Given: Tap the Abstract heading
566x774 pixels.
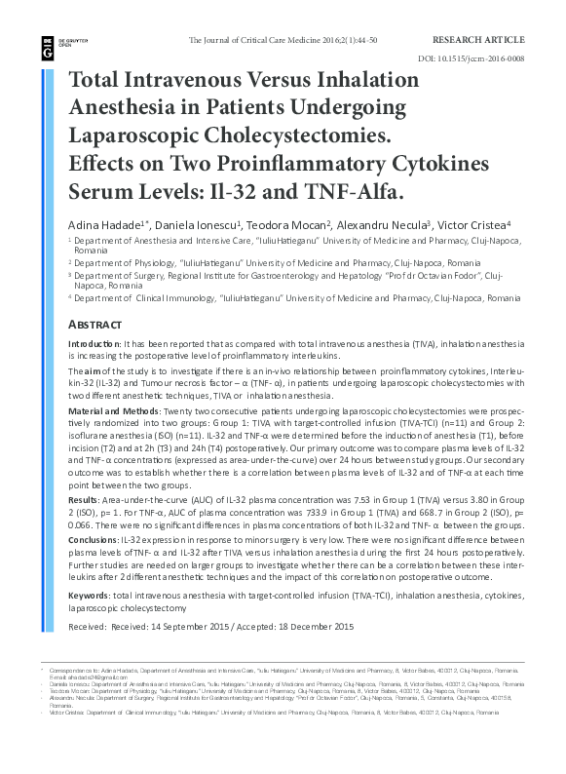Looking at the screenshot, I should (x=94, y=324).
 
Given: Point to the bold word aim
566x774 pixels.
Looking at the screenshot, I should (x=92, y=372).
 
